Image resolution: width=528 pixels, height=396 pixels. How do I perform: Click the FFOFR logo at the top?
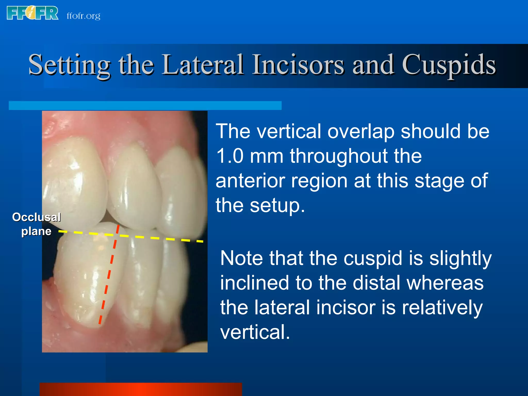pos(33,13)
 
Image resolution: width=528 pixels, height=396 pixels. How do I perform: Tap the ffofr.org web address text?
pos(83,16)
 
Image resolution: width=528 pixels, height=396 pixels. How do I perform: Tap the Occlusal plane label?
pos(36,224)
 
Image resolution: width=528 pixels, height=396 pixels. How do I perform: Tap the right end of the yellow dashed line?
pos(203,242)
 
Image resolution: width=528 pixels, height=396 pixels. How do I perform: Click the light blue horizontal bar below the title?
pos(145,106)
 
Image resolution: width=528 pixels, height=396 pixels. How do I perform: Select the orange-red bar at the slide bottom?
pos(141,389)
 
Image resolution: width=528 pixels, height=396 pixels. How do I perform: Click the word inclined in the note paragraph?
pos(254,283)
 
